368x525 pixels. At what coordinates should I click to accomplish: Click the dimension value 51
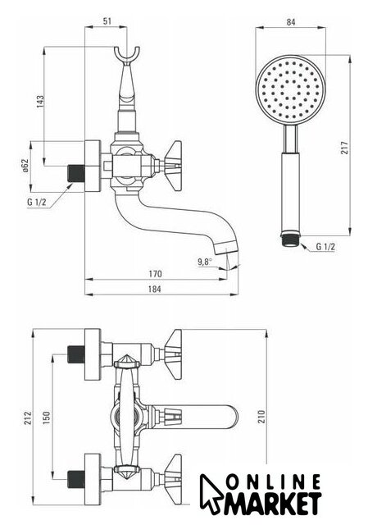point(107,21)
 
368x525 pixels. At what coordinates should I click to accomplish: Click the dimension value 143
point(40,102)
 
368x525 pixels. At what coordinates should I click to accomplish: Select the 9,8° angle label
point(205,262)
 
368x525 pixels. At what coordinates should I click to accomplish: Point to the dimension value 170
point(155,274)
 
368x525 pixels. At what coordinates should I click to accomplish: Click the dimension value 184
point(154,289)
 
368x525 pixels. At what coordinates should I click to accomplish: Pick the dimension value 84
point(291,22)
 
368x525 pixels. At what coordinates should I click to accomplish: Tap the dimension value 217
point(344,148)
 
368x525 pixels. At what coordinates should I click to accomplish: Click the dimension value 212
point(27,418)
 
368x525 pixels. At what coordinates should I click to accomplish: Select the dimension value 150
point(46,418)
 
